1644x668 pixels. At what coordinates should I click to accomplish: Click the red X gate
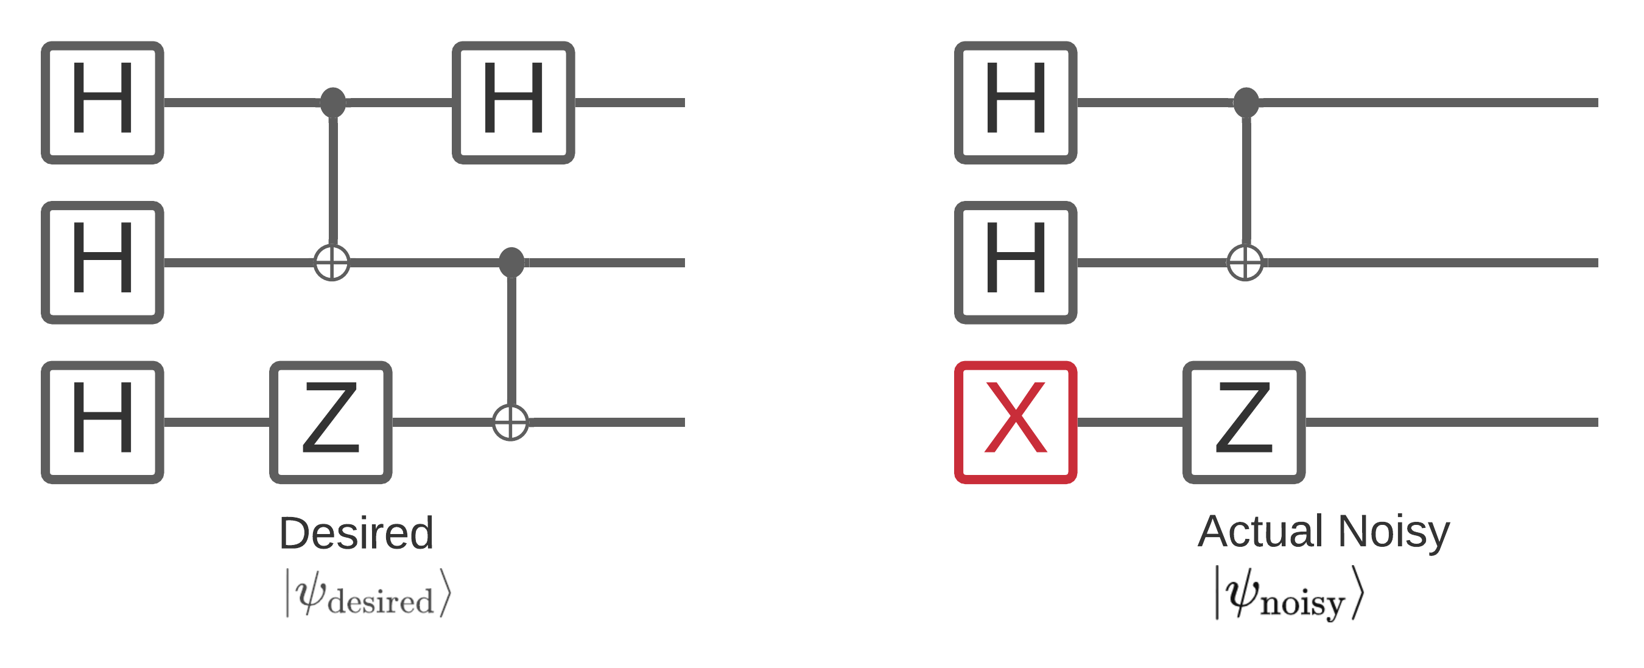1016,423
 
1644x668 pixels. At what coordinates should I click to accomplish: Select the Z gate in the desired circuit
331,423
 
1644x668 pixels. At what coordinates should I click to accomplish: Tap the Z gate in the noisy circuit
1244,423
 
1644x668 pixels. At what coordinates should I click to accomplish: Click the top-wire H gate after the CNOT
513,103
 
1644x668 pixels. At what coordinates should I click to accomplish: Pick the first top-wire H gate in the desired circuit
103,103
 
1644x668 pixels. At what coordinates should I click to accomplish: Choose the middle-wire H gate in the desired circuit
103,262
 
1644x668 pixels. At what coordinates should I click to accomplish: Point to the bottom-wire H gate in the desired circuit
103,423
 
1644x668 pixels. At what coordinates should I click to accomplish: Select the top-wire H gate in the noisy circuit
1016,103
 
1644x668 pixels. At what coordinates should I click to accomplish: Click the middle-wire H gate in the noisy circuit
1016,262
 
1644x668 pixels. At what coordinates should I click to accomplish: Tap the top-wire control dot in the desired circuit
332,102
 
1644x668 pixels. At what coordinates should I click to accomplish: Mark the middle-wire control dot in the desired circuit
511,262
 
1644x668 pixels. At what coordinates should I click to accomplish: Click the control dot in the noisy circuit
1246,102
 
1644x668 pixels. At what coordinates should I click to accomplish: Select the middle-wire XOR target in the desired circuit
332,262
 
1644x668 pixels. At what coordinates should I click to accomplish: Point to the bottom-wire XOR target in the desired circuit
511,423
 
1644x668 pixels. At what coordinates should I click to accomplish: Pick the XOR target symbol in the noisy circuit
1245,262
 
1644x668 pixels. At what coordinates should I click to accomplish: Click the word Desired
356,533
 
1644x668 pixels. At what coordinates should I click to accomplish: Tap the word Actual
1260,531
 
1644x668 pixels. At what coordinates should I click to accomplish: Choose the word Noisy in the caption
1394,532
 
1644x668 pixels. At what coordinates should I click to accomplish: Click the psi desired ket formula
368,593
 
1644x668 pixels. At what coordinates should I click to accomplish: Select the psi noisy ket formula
1289,594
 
